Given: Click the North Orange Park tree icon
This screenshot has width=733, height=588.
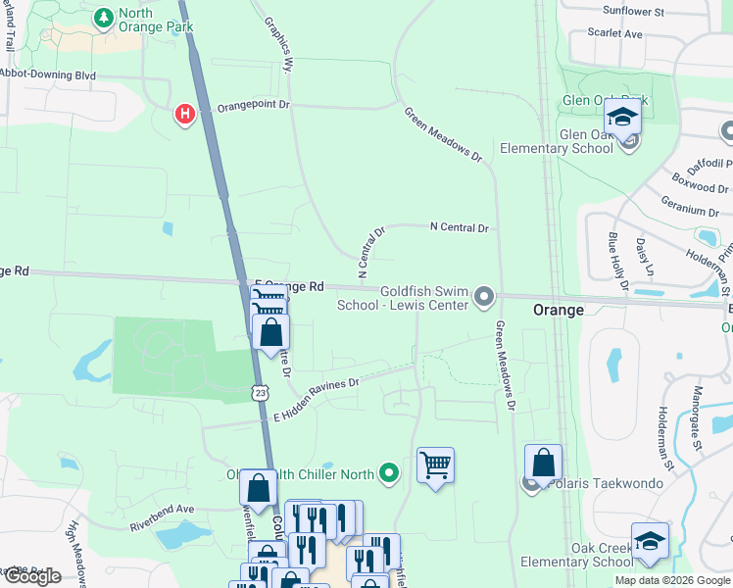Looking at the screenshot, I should (x=103, y=18).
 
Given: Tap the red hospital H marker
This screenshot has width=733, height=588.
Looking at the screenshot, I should (x=183, y=115).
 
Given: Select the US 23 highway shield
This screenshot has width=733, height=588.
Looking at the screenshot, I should (x=258, y=391).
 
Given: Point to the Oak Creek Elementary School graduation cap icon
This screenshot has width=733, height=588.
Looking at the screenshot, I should (x=650, y=543).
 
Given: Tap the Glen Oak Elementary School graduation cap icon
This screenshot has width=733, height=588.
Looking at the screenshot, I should (x=621, y=119).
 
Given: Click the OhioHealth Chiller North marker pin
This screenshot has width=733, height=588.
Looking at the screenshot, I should (x=390, y=474).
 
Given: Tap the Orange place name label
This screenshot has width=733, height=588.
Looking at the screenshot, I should (x=558, y=310).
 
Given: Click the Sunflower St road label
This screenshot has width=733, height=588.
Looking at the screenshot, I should (x=633, y=11).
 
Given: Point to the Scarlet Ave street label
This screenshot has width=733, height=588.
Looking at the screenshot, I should (x=614, y=33).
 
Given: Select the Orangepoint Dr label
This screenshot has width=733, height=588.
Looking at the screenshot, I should (x=254, y=105).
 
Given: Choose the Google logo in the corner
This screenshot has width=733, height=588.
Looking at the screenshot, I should (x=32, y=576).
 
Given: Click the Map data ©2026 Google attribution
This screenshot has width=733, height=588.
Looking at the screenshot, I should (x=671, y=580).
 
